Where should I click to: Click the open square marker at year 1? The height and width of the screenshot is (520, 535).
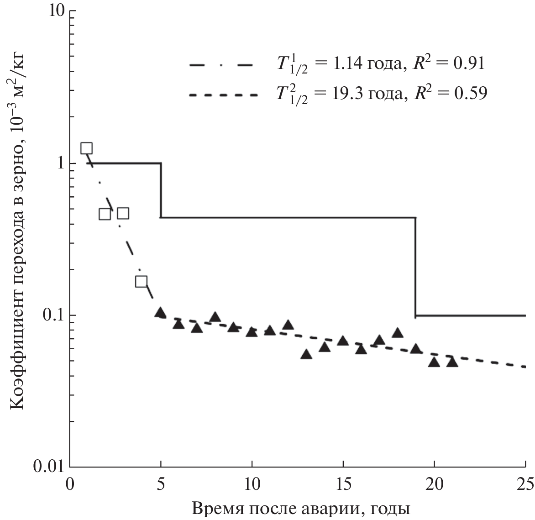click(x=87, y=148)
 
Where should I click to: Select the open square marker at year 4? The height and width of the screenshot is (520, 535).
click(x=142, y=281)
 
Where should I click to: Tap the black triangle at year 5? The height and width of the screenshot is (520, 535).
click(x=160, y=313)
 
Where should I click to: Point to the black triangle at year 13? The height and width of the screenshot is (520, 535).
click(x=306, y=354)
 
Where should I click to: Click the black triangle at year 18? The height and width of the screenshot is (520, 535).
click(x=398, y=333)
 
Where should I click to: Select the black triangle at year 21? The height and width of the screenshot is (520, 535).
click(x=452, y=362)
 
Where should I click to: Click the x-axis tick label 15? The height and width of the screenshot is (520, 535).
click(x=343, y=483)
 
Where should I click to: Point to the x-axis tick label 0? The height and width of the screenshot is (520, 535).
click(x=70, y=483)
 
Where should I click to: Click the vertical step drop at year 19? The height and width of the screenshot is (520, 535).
click(x=415, y=267)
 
